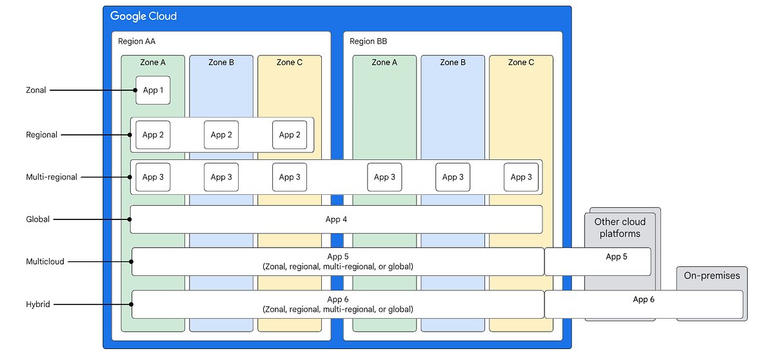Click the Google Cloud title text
coord(143,16)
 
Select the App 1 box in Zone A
coord(153,90)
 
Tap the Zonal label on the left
coord(36,90)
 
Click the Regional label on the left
coord(41,135)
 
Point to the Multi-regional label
coord(52,177)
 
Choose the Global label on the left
coord(38,219)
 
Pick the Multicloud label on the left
coord(45,262)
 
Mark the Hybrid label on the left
coord(38,304)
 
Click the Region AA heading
coord(137,41)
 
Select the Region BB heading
coord(368,41)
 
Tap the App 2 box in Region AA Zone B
coord(221,135)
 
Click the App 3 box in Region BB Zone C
coord(521,177)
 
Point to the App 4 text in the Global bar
coord(336,219)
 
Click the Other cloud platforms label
coord(620,228)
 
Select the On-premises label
coord(712,275)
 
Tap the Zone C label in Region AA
coord(290,63)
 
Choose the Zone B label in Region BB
coord(453,63)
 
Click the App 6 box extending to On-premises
coord(643,304)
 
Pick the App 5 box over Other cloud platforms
coord(598,261)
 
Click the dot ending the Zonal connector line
coord(137,90)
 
